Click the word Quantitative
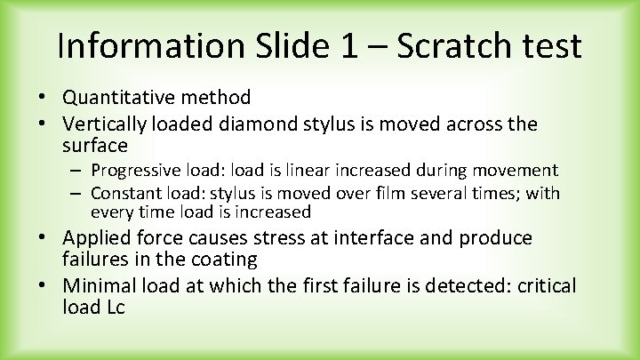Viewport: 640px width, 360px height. (x=122, y=98)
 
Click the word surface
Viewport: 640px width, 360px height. (x=95, y=144)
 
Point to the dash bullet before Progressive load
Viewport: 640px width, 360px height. (x=78, y=170)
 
